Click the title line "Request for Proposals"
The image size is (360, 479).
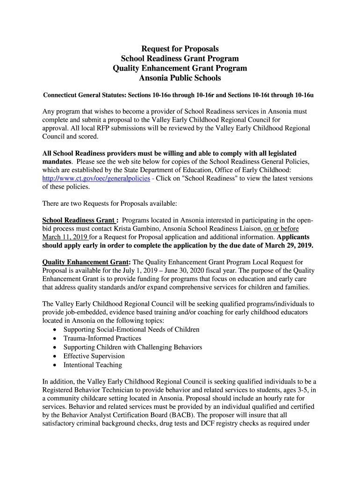(180, 49)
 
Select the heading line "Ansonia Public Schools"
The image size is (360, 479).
(180, 78)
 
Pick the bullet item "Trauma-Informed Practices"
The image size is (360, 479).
(102, 338)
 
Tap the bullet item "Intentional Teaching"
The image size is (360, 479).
(93, 365)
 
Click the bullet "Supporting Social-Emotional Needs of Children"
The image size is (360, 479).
(131, 329)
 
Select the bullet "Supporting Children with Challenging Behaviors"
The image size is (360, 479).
(133, 347)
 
